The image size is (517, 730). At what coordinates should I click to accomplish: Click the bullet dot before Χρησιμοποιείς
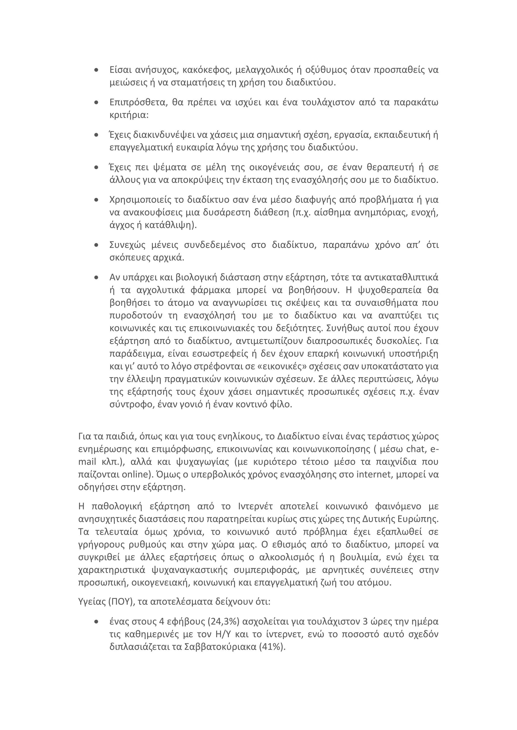96,200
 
